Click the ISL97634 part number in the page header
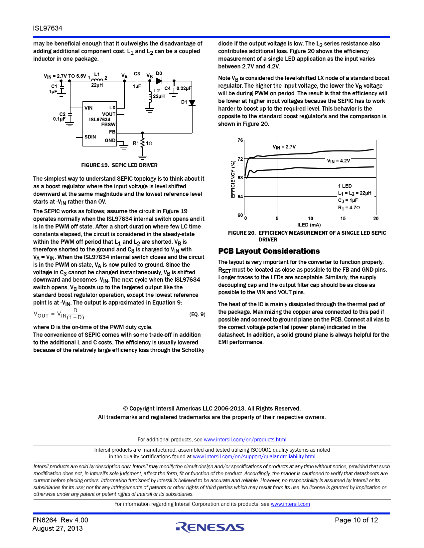48,28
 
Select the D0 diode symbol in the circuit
159,81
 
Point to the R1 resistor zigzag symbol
142,143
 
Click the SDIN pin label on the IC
90,137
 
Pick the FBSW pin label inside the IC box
108,124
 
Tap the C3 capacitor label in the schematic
137,74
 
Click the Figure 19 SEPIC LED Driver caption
119,165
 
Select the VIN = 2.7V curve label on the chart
284,147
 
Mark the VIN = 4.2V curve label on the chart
339,161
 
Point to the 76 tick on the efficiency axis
240,140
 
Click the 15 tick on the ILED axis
343,219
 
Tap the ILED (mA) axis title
309,225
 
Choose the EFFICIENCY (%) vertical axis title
233,179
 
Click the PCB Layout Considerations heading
269,251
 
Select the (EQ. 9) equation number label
197,314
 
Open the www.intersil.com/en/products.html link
245,439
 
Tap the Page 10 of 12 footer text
356,520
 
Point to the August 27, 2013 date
58,529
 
